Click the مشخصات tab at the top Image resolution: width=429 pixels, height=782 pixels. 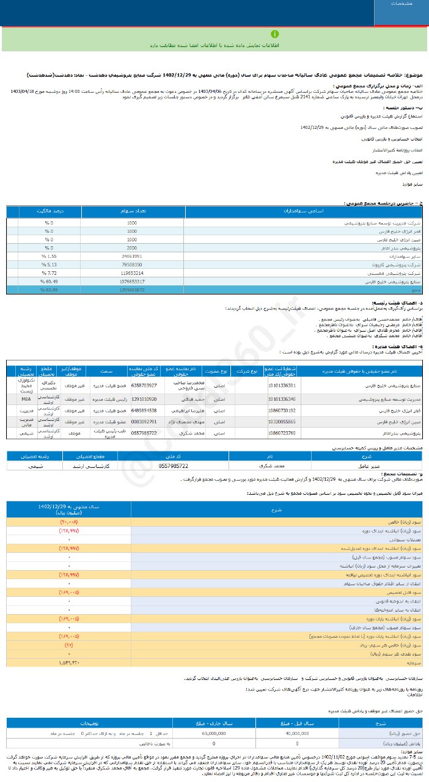tap(400, 4)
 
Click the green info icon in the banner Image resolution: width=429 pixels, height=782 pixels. tap(275, 34)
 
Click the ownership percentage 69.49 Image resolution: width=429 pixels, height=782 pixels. tap(46, 282)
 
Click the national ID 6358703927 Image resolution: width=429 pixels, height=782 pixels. tap(144, 386)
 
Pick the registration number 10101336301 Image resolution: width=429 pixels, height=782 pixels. tap(282, 386)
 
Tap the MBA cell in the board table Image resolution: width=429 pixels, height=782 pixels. tap(26, 398)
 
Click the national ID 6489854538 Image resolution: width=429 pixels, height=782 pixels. tap(144, 410)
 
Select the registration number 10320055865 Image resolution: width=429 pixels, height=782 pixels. tap(282, 421)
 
